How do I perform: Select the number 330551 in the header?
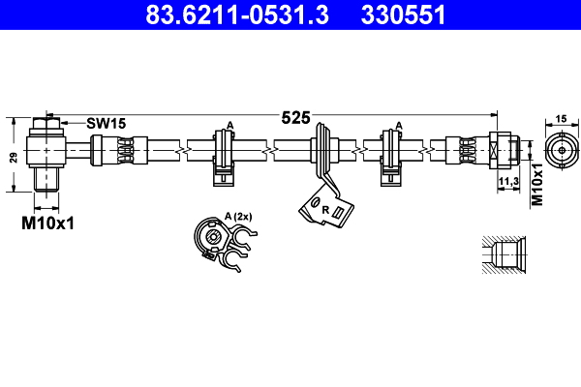click(x=403, y=15)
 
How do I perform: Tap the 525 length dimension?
click(x=295, y=118)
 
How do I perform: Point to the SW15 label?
click(x=106, y=123)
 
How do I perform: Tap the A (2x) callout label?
click(x=237, y=215)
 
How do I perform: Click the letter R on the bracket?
click(x=325, y=209)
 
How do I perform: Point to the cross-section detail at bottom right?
click(x=501, y=255)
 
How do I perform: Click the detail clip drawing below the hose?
click(x=221, y=245)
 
